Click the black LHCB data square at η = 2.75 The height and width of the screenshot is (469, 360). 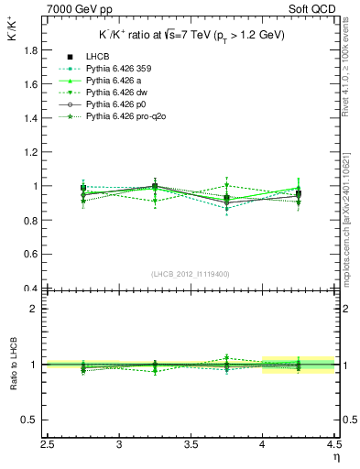pos(83,188)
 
